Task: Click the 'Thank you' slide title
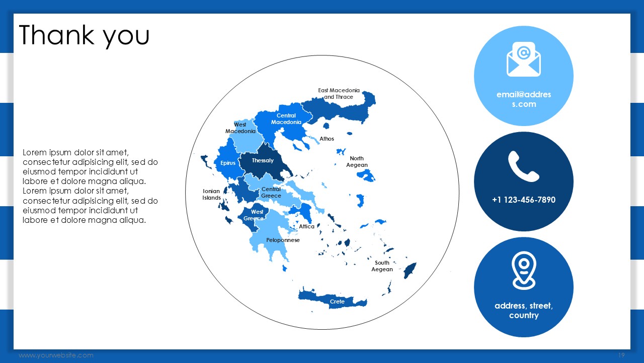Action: pyautogui.click(x=84, y=36)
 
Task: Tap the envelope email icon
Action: pyautogui.click(x=524, y=59)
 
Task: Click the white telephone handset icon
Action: pyautogui.click(x=524, y=166)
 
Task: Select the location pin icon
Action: pyautogui.click(x=524, y=270)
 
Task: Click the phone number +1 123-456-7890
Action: pyautogui.click(x=524, y=200)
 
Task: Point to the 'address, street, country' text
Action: pyautogui.click(x=524, y=310)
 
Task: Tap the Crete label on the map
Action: pyautogui.click(x=337, y=301)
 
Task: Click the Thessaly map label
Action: pyautogui.click(x=263, y=160)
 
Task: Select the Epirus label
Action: pyautogui.click(x=228, y=163)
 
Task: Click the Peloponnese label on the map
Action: pyautogui.click(x=283, y=240)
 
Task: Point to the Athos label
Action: pyautogui.click(x=327, y=139)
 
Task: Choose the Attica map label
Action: pyautogui.click(x=307, y=226)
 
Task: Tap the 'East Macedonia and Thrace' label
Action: pyautogui.click(x=339, y=94)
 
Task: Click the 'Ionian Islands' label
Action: pyautogui.click(x=212, y=195)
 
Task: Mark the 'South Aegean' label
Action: pyautogui.click(x=382, y=266)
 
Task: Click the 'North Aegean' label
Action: pyautogui.click(x=357, y=162)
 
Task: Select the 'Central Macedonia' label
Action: pyautogui.click(x=286, y=118)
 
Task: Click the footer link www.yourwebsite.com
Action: pyautogui.click(x=56, y=355)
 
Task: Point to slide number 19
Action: pyautogui.click(x=621, y=355)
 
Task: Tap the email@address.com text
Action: pyautogui.click(x=524, y=99)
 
